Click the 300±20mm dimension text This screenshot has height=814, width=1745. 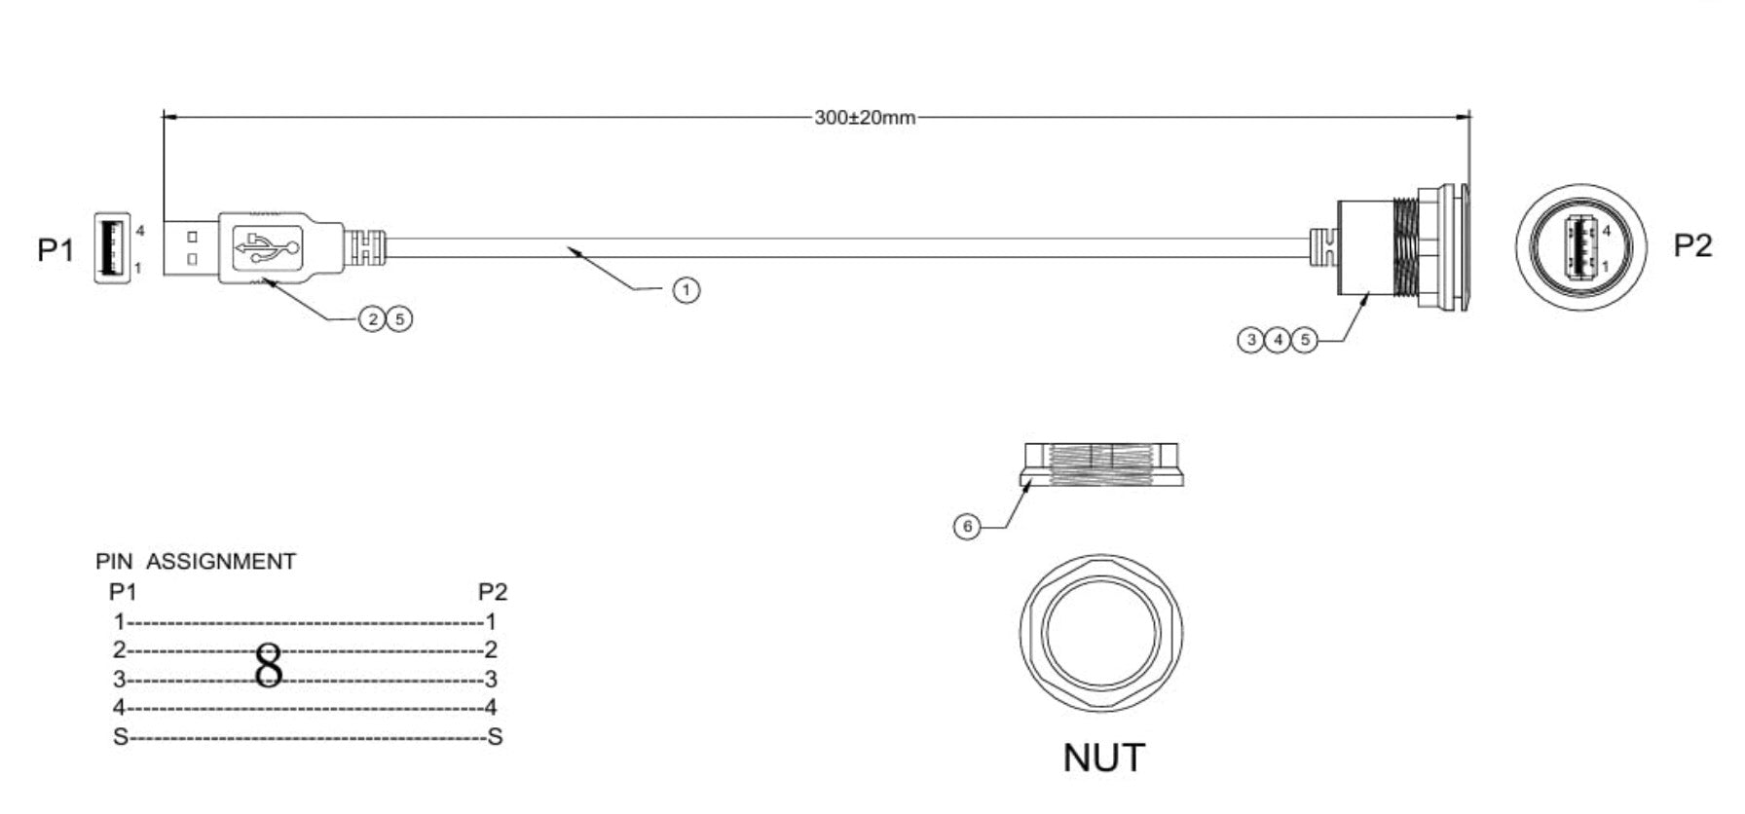[865, 118]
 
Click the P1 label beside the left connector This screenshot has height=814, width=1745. [56, 250]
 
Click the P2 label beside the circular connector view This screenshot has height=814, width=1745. [1692, 245]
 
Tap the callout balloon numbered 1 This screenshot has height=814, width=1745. [687, 289]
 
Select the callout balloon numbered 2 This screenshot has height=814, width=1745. [372, 318]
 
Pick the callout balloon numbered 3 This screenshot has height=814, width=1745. [1250, 340]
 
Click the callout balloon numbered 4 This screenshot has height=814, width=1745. [1277, 340]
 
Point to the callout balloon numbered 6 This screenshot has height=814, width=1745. [966, 527]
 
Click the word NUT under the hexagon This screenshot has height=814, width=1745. [1103, 758]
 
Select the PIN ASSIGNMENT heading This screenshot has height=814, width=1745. [196, 562]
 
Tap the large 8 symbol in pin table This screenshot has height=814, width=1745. [269, 666]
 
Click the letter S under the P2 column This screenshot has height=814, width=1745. [495, 737]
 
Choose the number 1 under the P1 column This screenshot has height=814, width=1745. [119, 621]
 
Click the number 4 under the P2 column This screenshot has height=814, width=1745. [491, 708]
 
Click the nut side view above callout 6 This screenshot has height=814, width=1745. [1102, 463]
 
